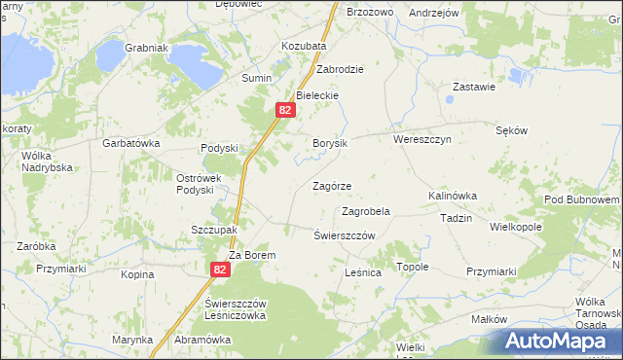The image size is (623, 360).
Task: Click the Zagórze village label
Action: click(331, 186)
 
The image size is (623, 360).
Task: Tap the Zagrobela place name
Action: click(366, 211)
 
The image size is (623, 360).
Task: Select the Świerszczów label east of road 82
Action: click(345, 236)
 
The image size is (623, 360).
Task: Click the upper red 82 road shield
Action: click(284, 111)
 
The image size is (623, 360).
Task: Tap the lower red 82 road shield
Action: click(221, 270)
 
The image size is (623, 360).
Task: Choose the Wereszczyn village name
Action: click(421, 140)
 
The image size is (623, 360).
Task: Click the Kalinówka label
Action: click(453, 196)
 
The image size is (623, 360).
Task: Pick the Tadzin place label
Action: click(456, 218)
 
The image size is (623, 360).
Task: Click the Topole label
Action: click(412, 267)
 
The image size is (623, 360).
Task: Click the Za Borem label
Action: click(253, 255)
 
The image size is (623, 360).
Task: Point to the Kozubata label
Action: click(304, 46)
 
